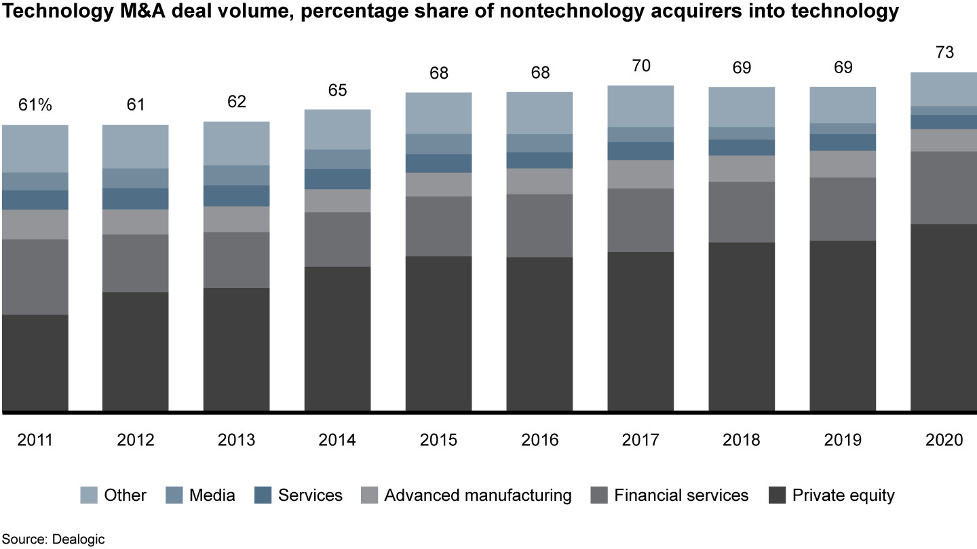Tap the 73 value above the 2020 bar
pos(944,53)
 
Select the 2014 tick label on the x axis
pos(338,441)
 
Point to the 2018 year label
pos(742,441)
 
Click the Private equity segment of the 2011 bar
pos(35,363)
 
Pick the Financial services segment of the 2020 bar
pos(944,188)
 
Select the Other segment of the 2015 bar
pos(439,113)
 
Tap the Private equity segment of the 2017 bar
pos(640,331)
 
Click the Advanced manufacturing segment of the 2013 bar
pos(237,219)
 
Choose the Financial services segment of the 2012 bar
pos(136,263)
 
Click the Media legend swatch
pos(174,495)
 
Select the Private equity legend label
pos(843,495)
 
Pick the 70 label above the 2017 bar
pos(640,66)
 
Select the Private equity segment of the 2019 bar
pos(843,325)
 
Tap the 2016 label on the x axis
pos(540,441)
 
